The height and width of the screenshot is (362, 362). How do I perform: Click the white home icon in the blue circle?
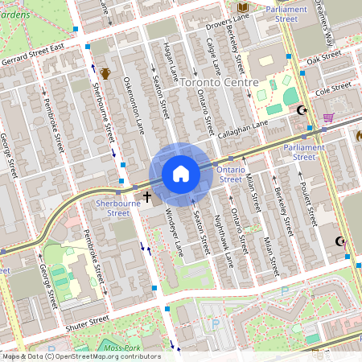click(181, 174)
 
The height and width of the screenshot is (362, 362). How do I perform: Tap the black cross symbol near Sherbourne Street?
click(146, 195)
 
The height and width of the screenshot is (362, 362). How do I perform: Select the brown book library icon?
click(242, 8)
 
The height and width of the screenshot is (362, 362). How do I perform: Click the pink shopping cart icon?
click(327, 117)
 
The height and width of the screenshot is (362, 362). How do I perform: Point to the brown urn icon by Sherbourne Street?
click(105, 74)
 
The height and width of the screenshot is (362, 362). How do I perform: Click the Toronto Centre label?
click(219, 83)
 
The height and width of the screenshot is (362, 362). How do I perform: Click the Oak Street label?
click(324, 59)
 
